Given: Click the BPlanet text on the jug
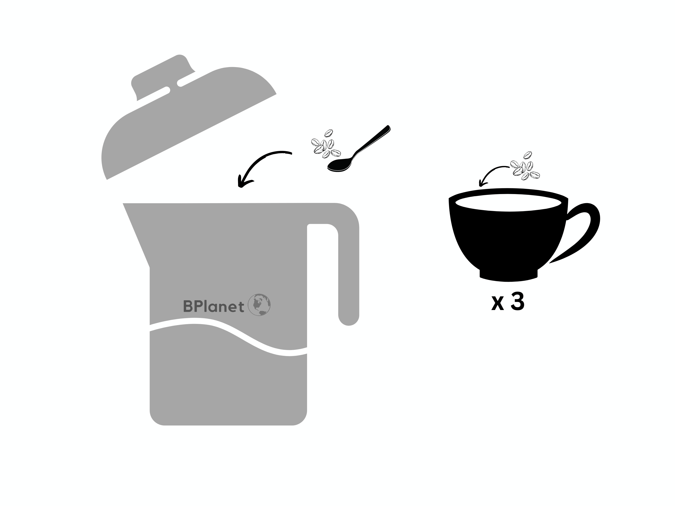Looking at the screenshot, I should point(213,306).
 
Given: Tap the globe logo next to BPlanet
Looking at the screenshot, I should point(259,305).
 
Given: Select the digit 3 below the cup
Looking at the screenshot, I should point(517,302).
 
